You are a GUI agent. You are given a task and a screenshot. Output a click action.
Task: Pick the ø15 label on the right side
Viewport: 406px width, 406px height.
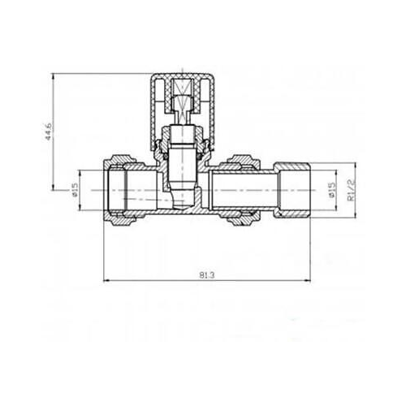(331, 192)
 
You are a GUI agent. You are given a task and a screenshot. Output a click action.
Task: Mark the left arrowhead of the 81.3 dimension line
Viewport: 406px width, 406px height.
(106, 281)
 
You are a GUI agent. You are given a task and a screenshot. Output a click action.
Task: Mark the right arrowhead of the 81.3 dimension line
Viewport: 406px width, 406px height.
(312, 281)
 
